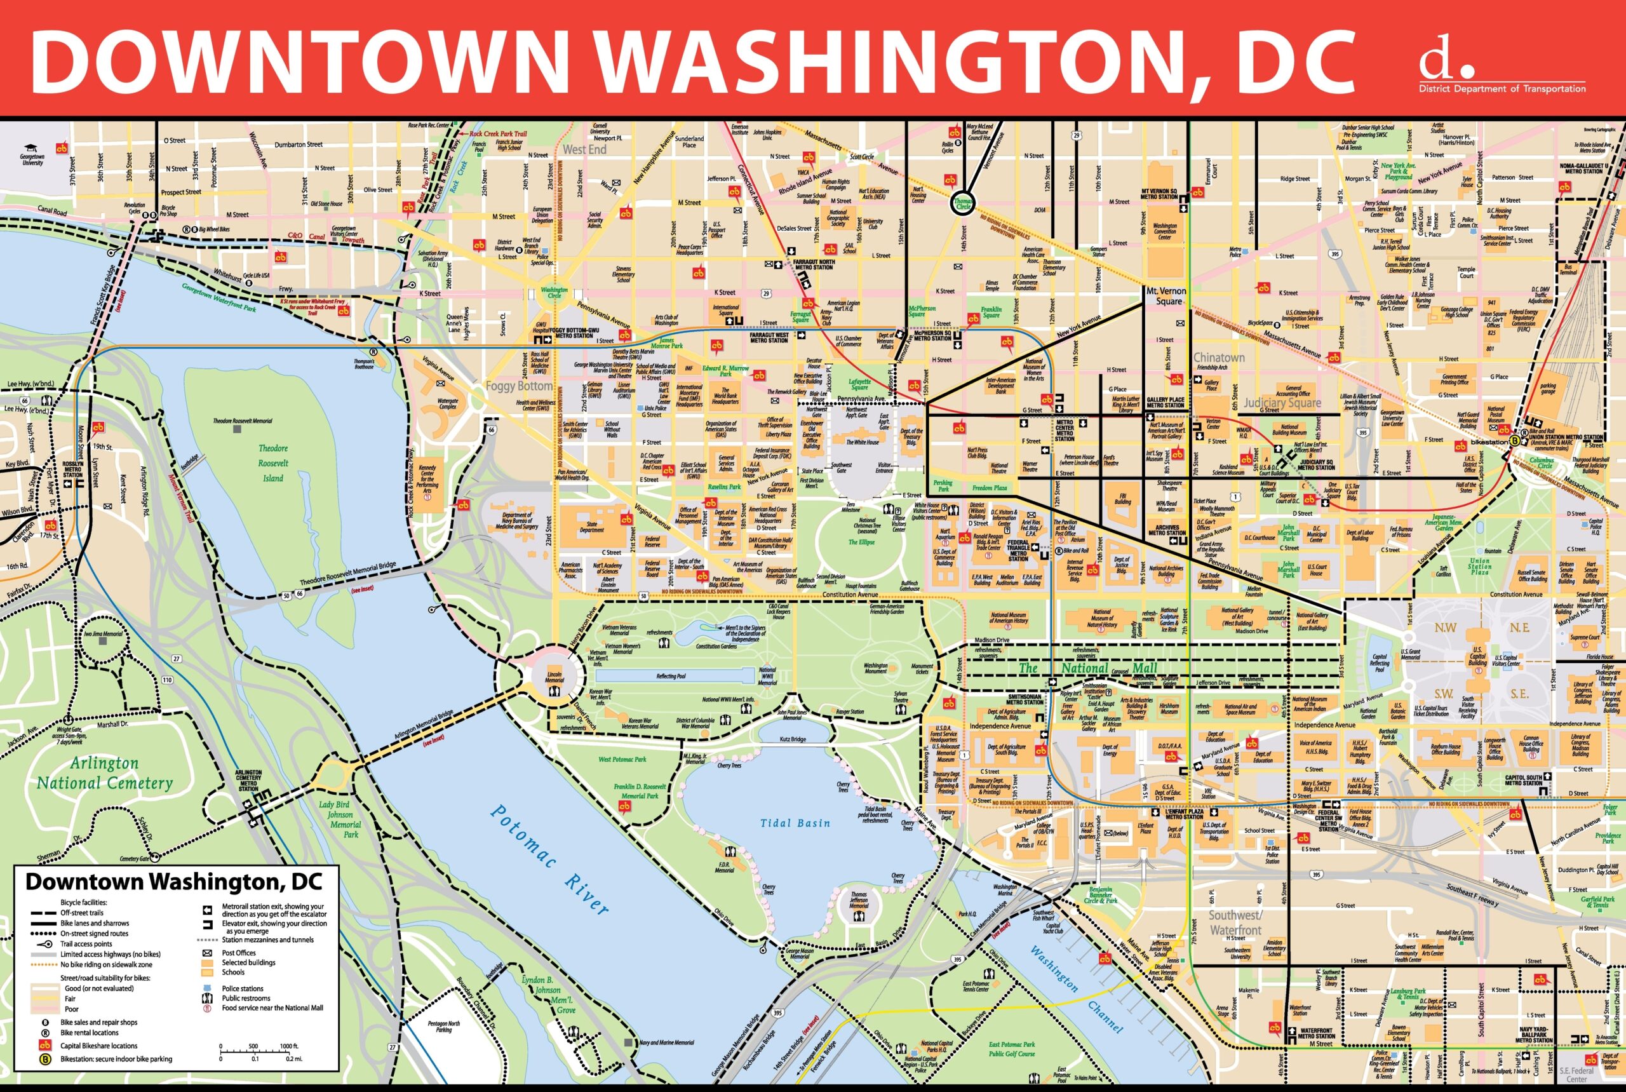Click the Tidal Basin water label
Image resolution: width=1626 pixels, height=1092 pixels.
pos(795,823)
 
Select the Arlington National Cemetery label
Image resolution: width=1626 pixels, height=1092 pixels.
pos(104,773)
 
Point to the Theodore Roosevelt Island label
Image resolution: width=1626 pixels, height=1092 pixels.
pos(273,463)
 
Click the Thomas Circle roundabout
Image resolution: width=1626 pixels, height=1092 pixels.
pos(963,203)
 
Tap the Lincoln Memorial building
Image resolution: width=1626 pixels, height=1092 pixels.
pos(554,677)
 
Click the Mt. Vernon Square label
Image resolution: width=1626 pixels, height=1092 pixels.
pos(1166,296)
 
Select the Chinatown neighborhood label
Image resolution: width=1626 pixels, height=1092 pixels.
pos(1219,357)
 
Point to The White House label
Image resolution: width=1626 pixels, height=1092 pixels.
pos(862,442)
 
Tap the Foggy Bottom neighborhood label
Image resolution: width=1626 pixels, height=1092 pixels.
pos(519,386)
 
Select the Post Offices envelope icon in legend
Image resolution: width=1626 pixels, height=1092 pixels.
pos(207,953)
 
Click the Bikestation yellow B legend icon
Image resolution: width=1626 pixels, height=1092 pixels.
pos(45,1059)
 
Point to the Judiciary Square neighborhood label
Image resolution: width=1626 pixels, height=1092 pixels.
pos(1281,403)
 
